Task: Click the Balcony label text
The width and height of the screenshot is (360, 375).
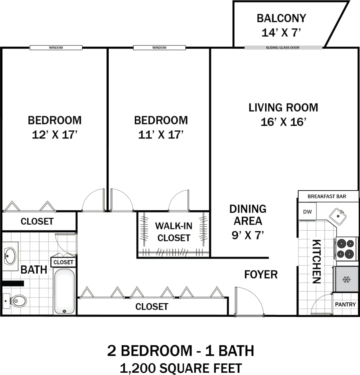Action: pos(281,18)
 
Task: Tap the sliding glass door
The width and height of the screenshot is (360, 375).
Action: pos(283,48)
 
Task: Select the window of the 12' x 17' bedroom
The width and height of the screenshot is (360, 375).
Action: pos(56,48)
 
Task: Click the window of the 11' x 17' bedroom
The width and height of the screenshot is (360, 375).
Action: pos(159,48)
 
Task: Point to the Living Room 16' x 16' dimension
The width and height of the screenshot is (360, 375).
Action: pos(283,122)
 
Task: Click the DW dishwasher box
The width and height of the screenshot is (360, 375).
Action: pos(307,212)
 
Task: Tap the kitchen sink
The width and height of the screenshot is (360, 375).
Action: pos(338,217)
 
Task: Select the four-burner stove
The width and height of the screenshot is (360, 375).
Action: pos(346,249)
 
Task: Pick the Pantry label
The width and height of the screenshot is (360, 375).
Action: pos(345,304)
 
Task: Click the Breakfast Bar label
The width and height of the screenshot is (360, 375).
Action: pos(327,196)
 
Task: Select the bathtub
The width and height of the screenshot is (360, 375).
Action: pos(64,291)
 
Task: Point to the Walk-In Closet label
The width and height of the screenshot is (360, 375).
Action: pos(174,232)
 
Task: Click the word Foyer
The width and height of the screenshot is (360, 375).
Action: pos(261,275)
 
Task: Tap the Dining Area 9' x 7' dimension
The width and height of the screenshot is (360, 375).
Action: pos(248,235)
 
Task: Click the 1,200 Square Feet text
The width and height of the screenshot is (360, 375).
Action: pos(180,368)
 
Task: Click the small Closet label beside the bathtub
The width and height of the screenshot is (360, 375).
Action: pos(63,262)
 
